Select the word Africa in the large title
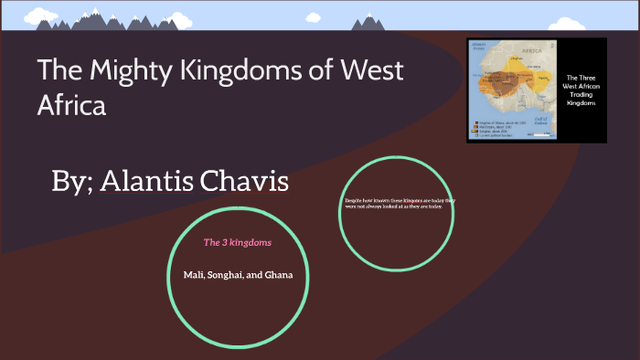72,105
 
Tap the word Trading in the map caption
581,95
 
